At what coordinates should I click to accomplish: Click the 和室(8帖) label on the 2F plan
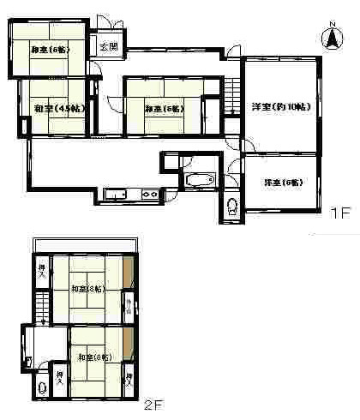click(x=87, y=289)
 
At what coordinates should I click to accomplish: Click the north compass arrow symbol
click(x=330, y=38)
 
